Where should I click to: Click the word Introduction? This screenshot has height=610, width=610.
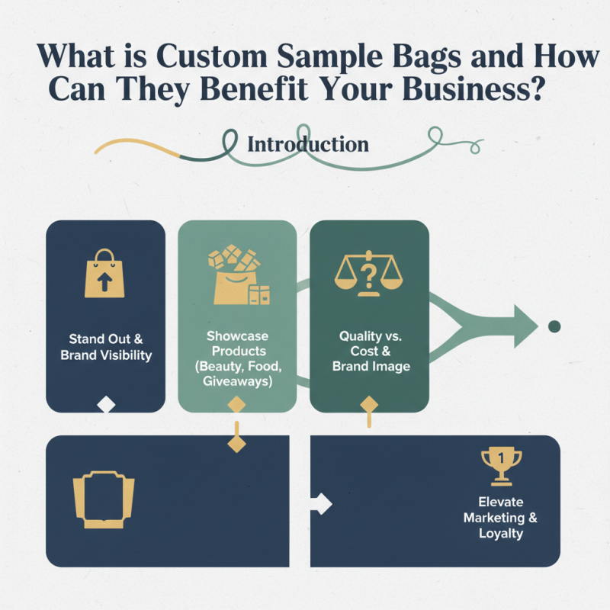307,144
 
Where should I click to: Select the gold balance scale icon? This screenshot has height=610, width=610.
370,271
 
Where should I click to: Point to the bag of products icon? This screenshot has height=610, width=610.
237,276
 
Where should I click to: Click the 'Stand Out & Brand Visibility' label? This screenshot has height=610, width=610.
106,347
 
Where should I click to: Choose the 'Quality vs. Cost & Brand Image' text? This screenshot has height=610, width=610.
370,351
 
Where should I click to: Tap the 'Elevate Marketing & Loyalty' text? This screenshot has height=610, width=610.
501,518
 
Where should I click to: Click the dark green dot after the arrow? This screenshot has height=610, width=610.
554,326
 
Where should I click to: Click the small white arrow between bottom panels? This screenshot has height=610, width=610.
322,503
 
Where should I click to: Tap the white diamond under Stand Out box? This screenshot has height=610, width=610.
106,405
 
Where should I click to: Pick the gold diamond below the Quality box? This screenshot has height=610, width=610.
369,403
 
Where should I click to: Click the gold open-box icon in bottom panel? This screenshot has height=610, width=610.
103,499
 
